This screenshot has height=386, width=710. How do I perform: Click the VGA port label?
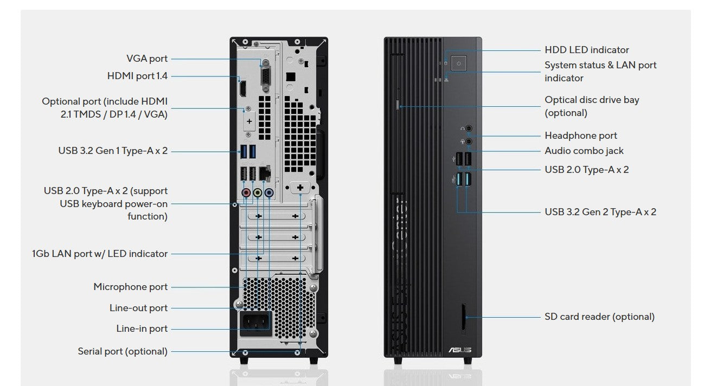[x=147, y=59]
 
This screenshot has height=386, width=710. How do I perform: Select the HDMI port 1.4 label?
[x=137, y=76]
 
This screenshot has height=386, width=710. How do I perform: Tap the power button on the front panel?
[x=459, y=64]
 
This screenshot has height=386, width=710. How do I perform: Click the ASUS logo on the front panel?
[x=459, y=350]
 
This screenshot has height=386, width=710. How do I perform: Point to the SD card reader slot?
[x=462, y=316]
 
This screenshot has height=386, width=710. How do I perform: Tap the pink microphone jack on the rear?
[x=246, y=192]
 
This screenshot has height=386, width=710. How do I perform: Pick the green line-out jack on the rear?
[x=258, y=192]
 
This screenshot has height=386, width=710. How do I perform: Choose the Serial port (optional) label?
[x=123, y=351]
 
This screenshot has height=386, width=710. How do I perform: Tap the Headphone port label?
[x=581, y=136]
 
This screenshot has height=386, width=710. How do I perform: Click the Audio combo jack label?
[x=584, y=151]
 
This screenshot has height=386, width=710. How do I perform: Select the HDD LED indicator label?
[x=587, y=50]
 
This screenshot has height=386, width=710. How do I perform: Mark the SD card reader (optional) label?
[x=599, y=317]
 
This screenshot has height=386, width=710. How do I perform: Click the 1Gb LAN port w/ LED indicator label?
[x=100, y=254]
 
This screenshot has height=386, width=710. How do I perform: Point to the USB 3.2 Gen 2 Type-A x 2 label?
[x=600, y=212]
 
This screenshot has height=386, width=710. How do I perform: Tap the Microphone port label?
[x=130, y=287]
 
